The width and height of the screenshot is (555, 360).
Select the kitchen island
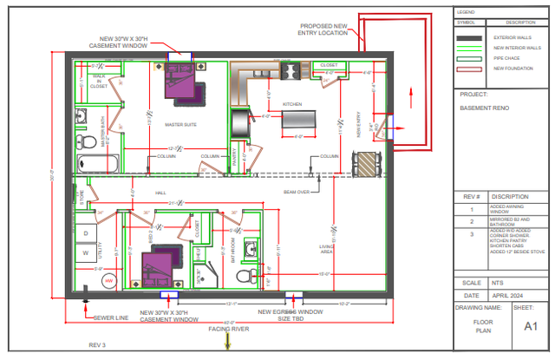(298, 121)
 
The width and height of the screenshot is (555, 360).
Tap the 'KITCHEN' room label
(292, 104)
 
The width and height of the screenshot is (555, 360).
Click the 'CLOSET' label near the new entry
(329, 65)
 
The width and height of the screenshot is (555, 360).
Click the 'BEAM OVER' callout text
(297, 192)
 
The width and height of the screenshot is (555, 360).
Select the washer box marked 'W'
(87, 254)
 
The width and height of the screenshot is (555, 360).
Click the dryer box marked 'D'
(87, 233)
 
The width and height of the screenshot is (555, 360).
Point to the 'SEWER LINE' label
(111, 318)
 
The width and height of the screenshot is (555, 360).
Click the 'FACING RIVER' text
(229, 330)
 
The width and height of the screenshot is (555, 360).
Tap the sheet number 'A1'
(530, 326)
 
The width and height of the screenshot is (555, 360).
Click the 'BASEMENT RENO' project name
(484, 108)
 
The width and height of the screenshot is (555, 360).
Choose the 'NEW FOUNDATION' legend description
(513, 68)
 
